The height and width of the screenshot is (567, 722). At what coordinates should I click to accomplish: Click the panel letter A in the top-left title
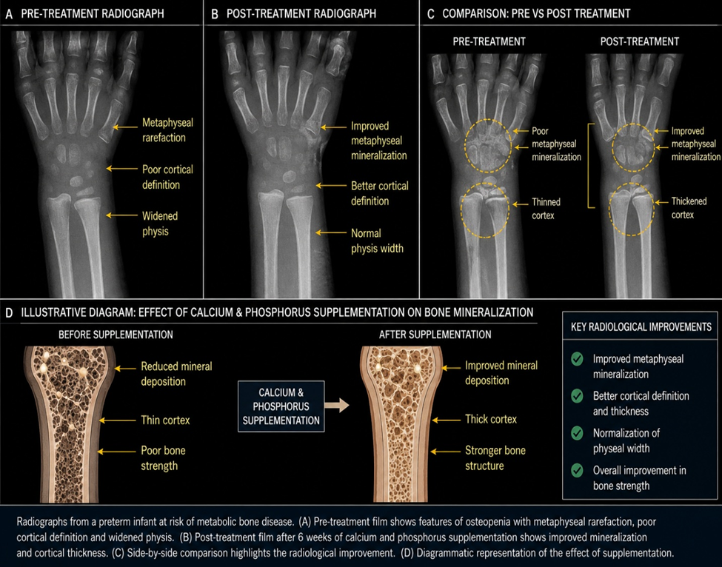click(9, 14)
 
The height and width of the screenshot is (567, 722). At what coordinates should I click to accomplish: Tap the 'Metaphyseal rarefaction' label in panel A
click(167, 130)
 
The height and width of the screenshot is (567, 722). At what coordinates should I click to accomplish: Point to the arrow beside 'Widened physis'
click(122, 215)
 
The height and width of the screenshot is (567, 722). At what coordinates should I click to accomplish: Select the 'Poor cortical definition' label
click(167, 177)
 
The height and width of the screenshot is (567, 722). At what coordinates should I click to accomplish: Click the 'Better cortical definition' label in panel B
click(379, 193)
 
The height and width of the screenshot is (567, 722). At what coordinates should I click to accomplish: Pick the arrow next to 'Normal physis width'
click(331, 233)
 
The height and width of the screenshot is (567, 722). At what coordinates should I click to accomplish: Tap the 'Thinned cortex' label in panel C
click(546, 209)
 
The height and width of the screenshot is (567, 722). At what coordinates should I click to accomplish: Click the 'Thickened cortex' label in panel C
click(689, 207)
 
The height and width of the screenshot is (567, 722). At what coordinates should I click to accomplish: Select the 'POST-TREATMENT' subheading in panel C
click(640, 42)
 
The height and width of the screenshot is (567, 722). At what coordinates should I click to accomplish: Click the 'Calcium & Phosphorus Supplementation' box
click(281, 406)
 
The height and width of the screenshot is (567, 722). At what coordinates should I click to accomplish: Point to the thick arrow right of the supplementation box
click(337, 406)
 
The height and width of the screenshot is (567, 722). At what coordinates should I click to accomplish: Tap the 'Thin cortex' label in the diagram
click(165, 420)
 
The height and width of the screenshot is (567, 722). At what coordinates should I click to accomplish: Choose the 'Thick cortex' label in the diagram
click(491, 419)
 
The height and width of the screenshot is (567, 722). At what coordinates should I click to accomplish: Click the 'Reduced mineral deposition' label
click(176, 374)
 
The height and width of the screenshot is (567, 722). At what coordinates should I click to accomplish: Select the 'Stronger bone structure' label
click(495, 458)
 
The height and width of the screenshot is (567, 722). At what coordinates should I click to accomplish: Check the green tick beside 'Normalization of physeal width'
click(577, 433)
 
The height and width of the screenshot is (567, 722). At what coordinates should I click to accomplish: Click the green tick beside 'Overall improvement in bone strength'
click(577, 470)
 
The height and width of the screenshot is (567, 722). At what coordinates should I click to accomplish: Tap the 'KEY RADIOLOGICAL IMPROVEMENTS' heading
click(641, 327)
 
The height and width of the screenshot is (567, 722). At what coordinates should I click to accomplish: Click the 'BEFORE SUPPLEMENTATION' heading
click(116, 335)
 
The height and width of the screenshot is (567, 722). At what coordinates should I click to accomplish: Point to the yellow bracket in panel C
click(589, 166)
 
